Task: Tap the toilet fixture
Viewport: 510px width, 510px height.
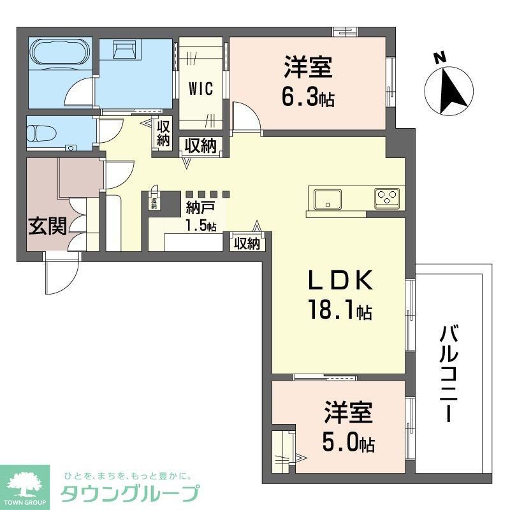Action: click(40, 134)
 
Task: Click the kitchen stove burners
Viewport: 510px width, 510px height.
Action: click(388, 198)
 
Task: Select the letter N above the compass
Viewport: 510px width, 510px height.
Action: click(439, 58)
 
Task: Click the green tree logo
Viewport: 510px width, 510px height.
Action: click(24, 483)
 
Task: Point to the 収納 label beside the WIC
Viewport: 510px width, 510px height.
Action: click(164, 133)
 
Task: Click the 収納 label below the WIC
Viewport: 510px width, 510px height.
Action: click(200, 145)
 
